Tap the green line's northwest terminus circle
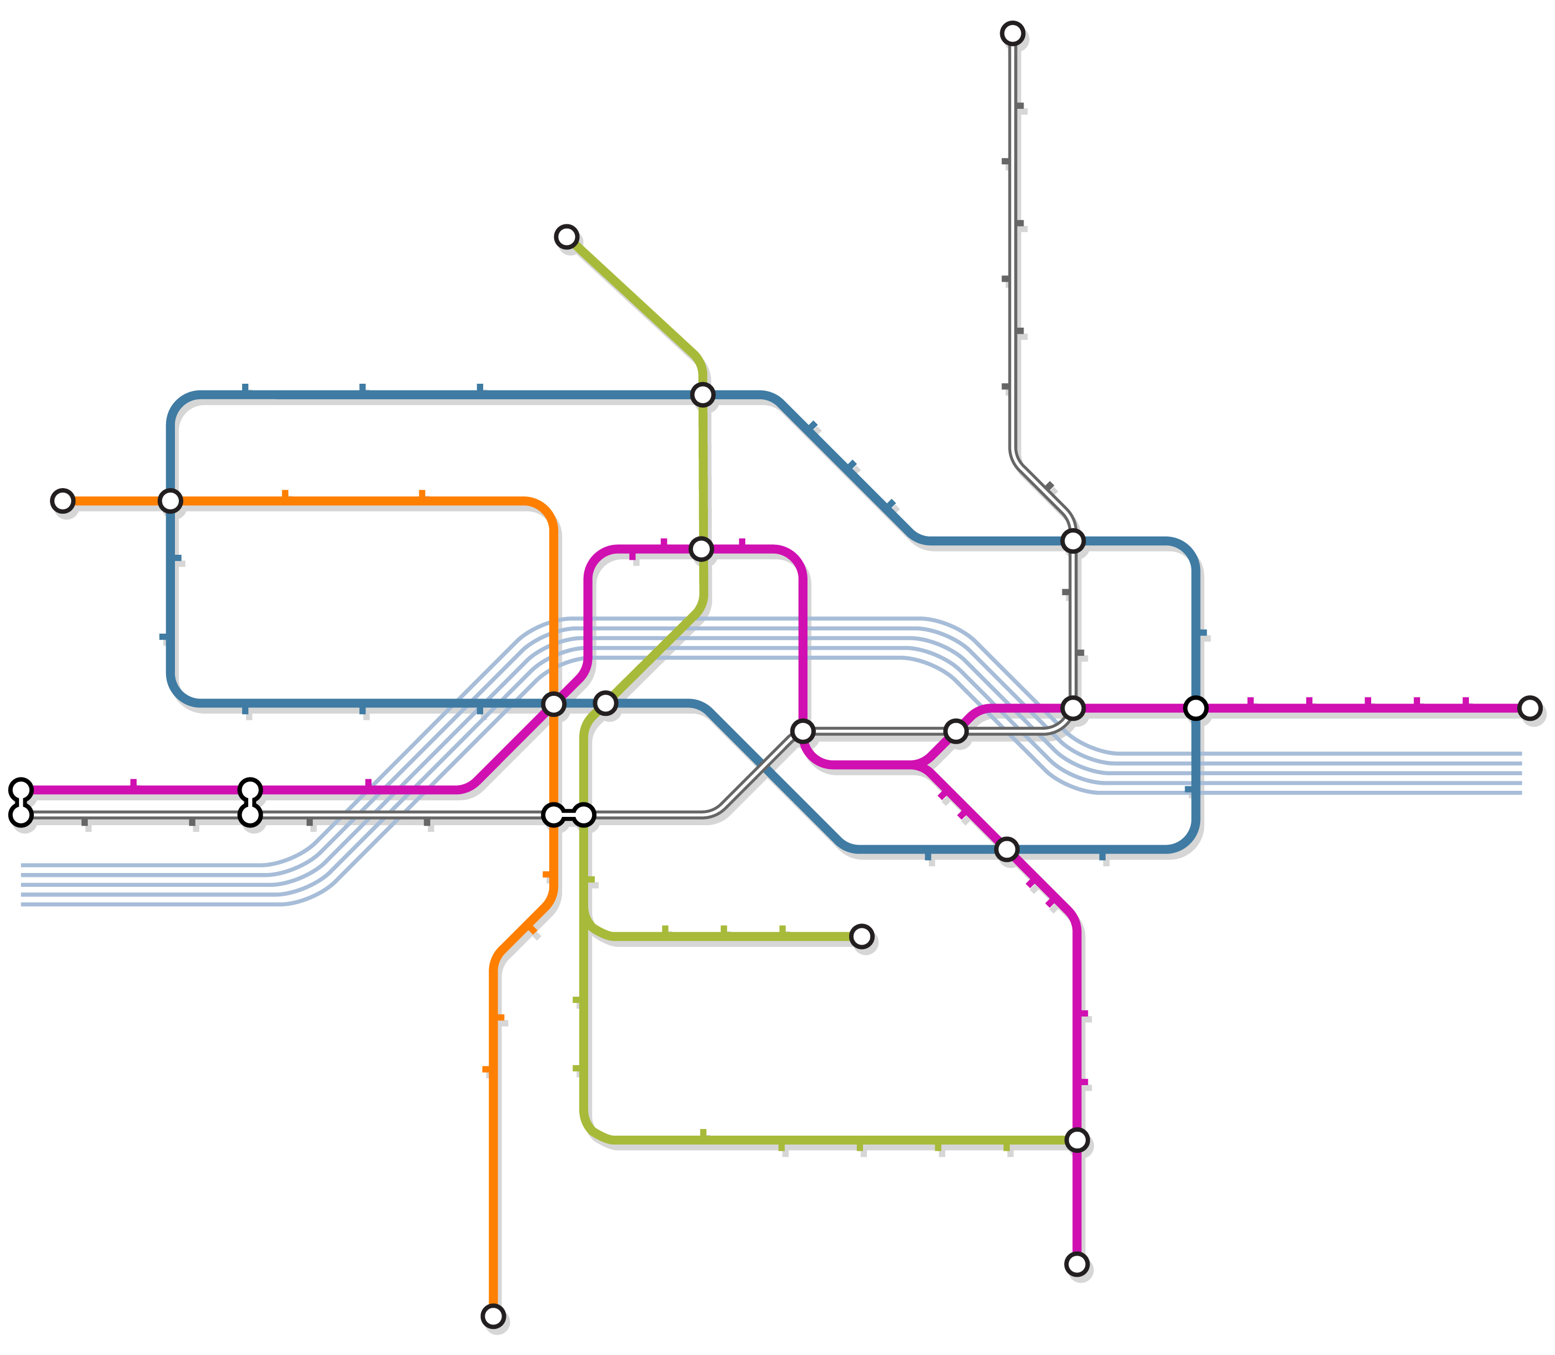pyautogui.click(x=566, y=237)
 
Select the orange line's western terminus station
pyautogui.click(x=63, y=500)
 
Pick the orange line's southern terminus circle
pyautogui.click(x=493, y=1317)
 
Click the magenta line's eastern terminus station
pyautogui.click(x=1529, y=707)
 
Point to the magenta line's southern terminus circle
pyautogui.click(x=1077, y=1263)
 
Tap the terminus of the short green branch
pyautogui.click(x=861, y=936)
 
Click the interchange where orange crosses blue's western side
pyautogui.click(x=170, y=500)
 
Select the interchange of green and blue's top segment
pyautogui.click(x=703, y=394)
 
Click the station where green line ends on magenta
pyautogui.click(x=1077, y=1140)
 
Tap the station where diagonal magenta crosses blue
pyautogui.click(x=1006, y=849)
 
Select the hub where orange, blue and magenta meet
pyautogui.click(x=554, y=704)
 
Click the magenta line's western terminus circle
pyautogui.click(x=21, y=790)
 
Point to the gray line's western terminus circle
pyautogui.click(x=21, y=814)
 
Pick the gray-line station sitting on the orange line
pyautogui.click(x=554, y=814)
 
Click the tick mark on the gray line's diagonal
pyautogui.click(x=1050, y=486)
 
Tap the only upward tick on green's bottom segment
pyautogui.click(x=704, y=1133)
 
